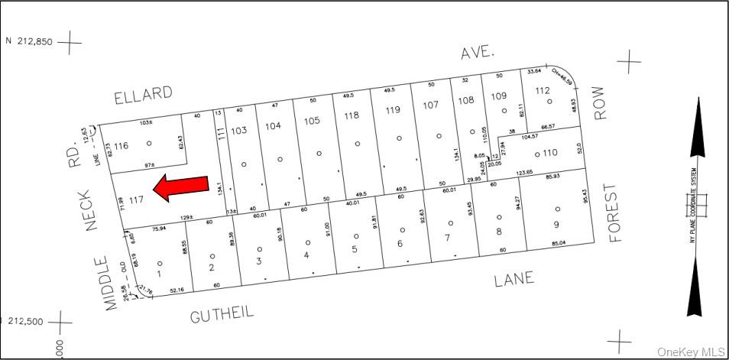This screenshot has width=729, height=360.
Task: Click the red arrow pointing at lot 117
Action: point(180,187)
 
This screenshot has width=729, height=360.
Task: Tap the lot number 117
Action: point(137,201)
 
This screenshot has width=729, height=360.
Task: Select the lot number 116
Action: point(121,145)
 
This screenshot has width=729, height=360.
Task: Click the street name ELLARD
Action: point(143,95)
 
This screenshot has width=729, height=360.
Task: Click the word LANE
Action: point(513,280)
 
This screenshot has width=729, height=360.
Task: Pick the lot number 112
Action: point(542,91)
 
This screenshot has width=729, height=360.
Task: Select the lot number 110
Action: point(550,152)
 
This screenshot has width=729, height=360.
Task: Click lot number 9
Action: point(556,224)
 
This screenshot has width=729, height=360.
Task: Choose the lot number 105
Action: point(311,121)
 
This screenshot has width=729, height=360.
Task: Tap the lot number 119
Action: point(393,110)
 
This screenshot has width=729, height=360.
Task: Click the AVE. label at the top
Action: point(478,53)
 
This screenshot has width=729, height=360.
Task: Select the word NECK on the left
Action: point(85,211)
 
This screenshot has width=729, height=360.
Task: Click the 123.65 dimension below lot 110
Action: point(523,174)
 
